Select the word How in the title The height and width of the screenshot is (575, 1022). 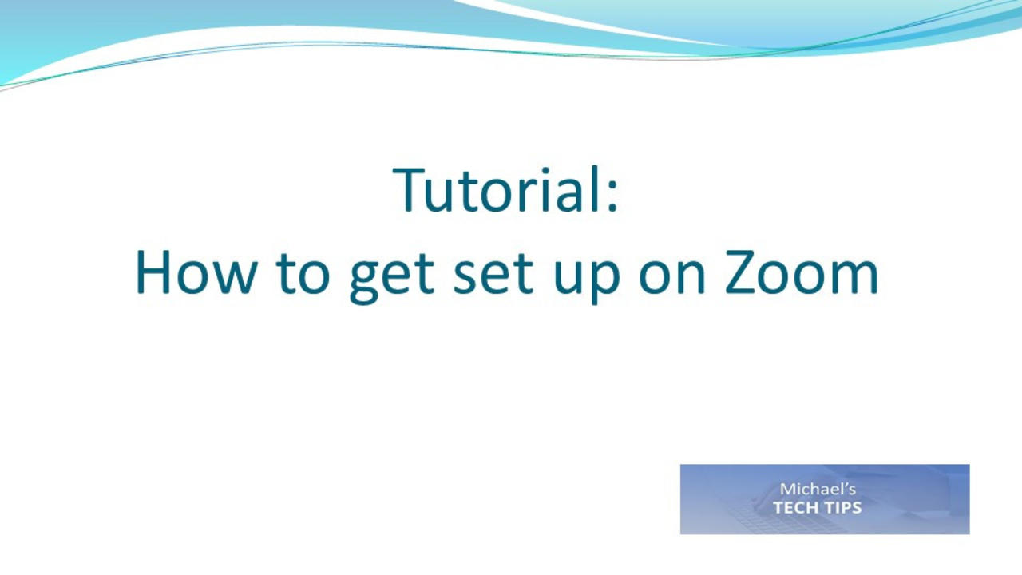196,272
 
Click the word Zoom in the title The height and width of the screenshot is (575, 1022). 802,272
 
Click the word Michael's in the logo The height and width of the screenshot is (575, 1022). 817,489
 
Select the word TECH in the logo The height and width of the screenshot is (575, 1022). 798,507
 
